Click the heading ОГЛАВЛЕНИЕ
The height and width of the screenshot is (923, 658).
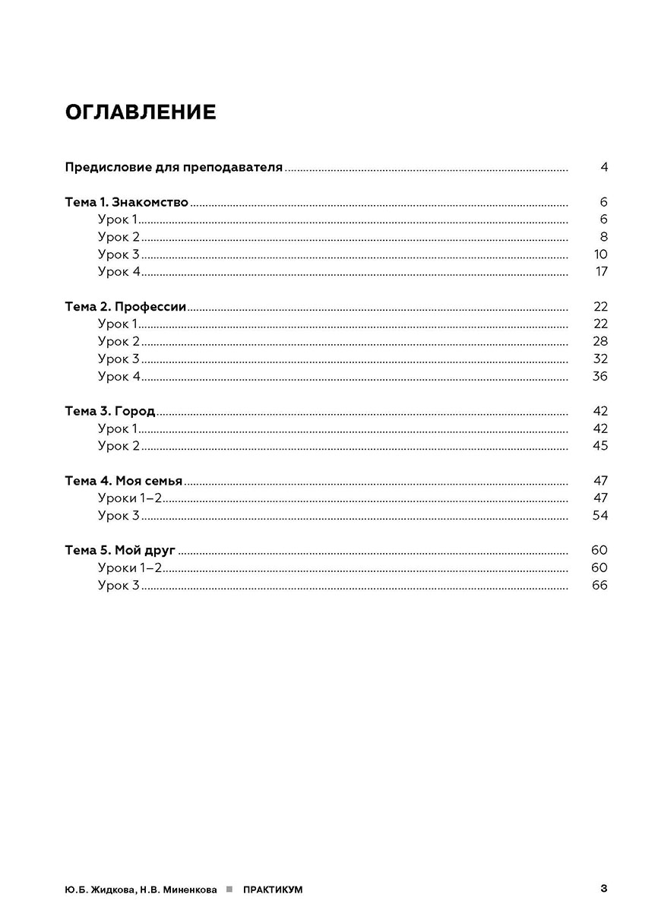141,112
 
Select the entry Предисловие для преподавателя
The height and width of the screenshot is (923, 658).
174,167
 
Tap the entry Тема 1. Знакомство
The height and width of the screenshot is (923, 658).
126,202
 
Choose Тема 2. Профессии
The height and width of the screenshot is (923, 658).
125,307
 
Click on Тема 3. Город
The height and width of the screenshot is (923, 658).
110,411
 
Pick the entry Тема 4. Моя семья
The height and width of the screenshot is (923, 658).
124,481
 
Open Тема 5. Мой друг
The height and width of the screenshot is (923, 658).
120,551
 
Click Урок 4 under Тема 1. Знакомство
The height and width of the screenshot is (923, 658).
119,272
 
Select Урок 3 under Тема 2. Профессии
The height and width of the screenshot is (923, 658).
119,359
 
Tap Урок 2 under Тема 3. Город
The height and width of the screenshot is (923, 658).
119,446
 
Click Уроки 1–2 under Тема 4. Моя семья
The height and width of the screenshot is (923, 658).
130,498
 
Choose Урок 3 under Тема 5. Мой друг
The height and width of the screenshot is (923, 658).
119,586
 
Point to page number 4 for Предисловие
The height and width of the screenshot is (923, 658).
604,167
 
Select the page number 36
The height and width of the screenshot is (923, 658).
600,377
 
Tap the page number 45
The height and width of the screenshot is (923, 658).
600,446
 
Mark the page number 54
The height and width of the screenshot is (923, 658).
600,516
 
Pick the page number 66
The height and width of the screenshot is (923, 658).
599,586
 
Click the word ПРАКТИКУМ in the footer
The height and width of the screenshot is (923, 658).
273,890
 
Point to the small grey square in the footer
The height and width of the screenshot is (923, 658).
229,889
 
